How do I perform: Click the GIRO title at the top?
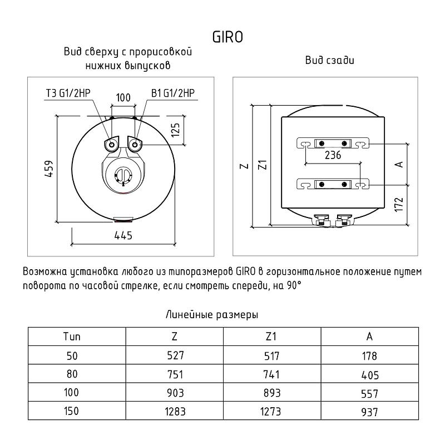pos(228,37)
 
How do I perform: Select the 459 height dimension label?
pos(49,169)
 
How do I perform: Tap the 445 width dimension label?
pos(123,235)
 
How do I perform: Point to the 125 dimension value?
pos(176,130)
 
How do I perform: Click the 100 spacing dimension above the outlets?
pos(123,98)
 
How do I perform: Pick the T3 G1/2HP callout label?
pos(68,93)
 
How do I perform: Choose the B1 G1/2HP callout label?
pos(173,93)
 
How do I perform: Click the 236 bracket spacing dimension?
pos(333,155)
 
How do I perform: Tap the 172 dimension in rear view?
pos(399,204)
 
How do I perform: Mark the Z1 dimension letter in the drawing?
pos(263,165)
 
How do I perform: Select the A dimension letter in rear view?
pos(399,164)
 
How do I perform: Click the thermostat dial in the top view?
pos(123,176)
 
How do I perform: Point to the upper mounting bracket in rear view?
pos(333,144)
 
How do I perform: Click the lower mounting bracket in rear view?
pos(333,185)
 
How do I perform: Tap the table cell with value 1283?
pos(175,411)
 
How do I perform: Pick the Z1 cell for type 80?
pos(271,374)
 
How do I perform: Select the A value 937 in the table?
pos(369,412)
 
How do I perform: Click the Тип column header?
pos(72,337)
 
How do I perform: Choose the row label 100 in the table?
pos(71,393)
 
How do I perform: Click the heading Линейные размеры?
pos(212,315)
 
